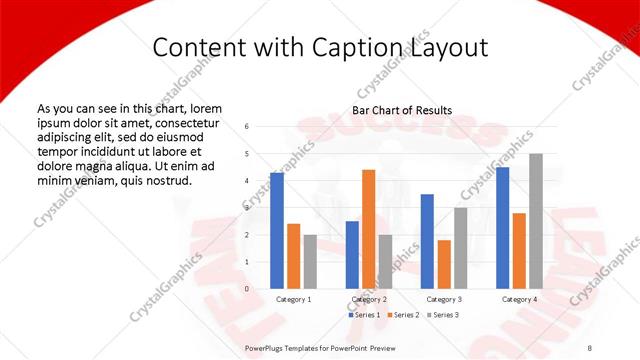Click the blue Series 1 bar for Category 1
pos(277,231)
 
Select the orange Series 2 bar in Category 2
pos(368,229)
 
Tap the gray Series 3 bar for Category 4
pos(536,221)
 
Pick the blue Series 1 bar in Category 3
pos(427,241)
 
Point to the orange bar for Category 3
pos(444,264)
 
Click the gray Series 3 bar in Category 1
pos(310,262)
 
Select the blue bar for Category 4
pos(502,228)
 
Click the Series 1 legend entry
pos(363,314)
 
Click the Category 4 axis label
pos(518,299)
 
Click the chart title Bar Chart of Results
pos(402,110)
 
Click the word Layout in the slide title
pos(448,47)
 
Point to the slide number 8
pos(590,348)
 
